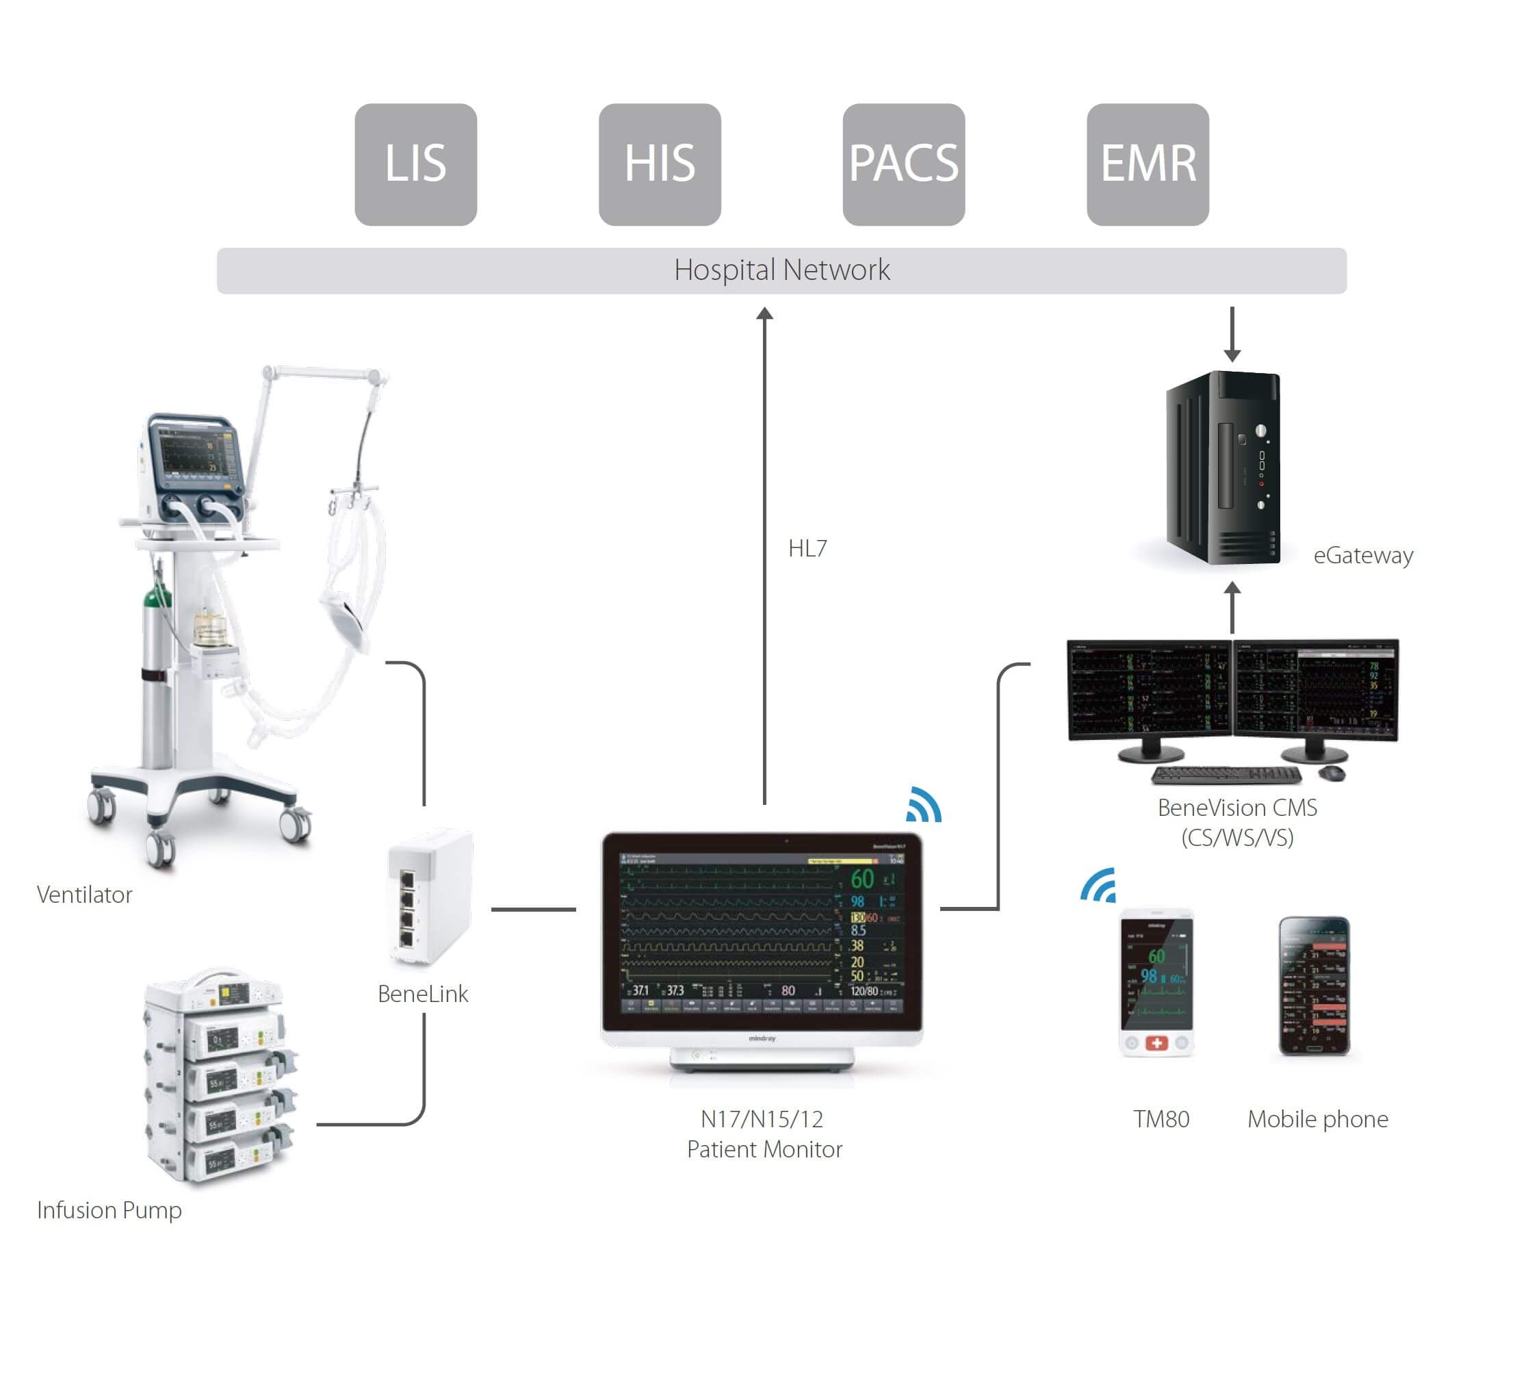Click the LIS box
[415, 164]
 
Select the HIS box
[660, 164]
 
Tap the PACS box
[903, 164]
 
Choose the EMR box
[1147, 164]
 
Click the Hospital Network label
[781, 270]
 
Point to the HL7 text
[807, 548]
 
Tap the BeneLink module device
[430, 897]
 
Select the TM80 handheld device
[1156, 983]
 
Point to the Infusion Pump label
[109, 1209]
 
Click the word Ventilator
[84, 895]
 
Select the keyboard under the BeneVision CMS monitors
[1225, 775]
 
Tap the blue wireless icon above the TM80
[1098, 886]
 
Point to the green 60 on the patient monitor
[861, 879]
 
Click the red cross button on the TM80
[1156, 1043]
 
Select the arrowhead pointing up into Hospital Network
[764, 313]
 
